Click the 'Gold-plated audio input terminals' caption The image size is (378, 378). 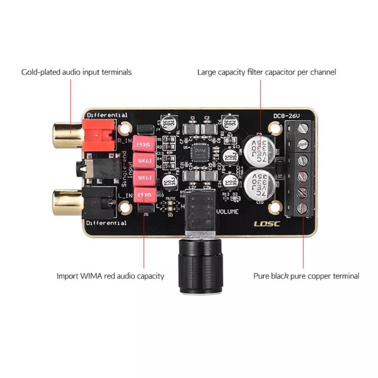coord(76,72)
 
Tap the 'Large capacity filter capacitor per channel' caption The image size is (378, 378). coord(266,72)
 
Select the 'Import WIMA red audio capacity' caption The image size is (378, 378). coord(110,276)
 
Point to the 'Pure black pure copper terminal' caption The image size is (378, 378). coord(306,276)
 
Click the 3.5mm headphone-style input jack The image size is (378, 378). coord(87,169)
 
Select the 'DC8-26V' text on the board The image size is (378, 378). coord(288,115)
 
